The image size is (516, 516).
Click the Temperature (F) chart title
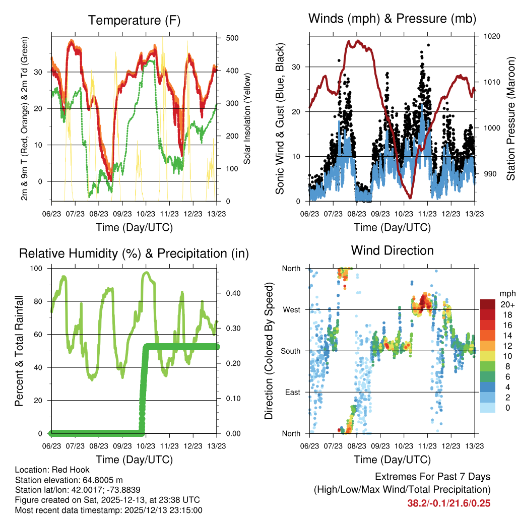click(134, 21)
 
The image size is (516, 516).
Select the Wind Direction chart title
click(392, 250)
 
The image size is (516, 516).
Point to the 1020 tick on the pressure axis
click(491, 36)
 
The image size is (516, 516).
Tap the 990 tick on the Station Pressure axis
click(488, 174)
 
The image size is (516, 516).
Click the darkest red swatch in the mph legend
click(487, 304)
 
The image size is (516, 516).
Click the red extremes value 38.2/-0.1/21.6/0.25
click(448, 503)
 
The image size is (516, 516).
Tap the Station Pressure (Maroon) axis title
click(510, 118)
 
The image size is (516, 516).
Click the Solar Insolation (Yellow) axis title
click(247, 118)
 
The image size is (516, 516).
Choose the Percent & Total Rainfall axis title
click(19, 351)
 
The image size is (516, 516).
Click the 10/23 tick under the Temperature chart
click(146, 214)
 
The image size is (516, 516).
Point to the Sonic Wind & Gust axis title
click(280, 118)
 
